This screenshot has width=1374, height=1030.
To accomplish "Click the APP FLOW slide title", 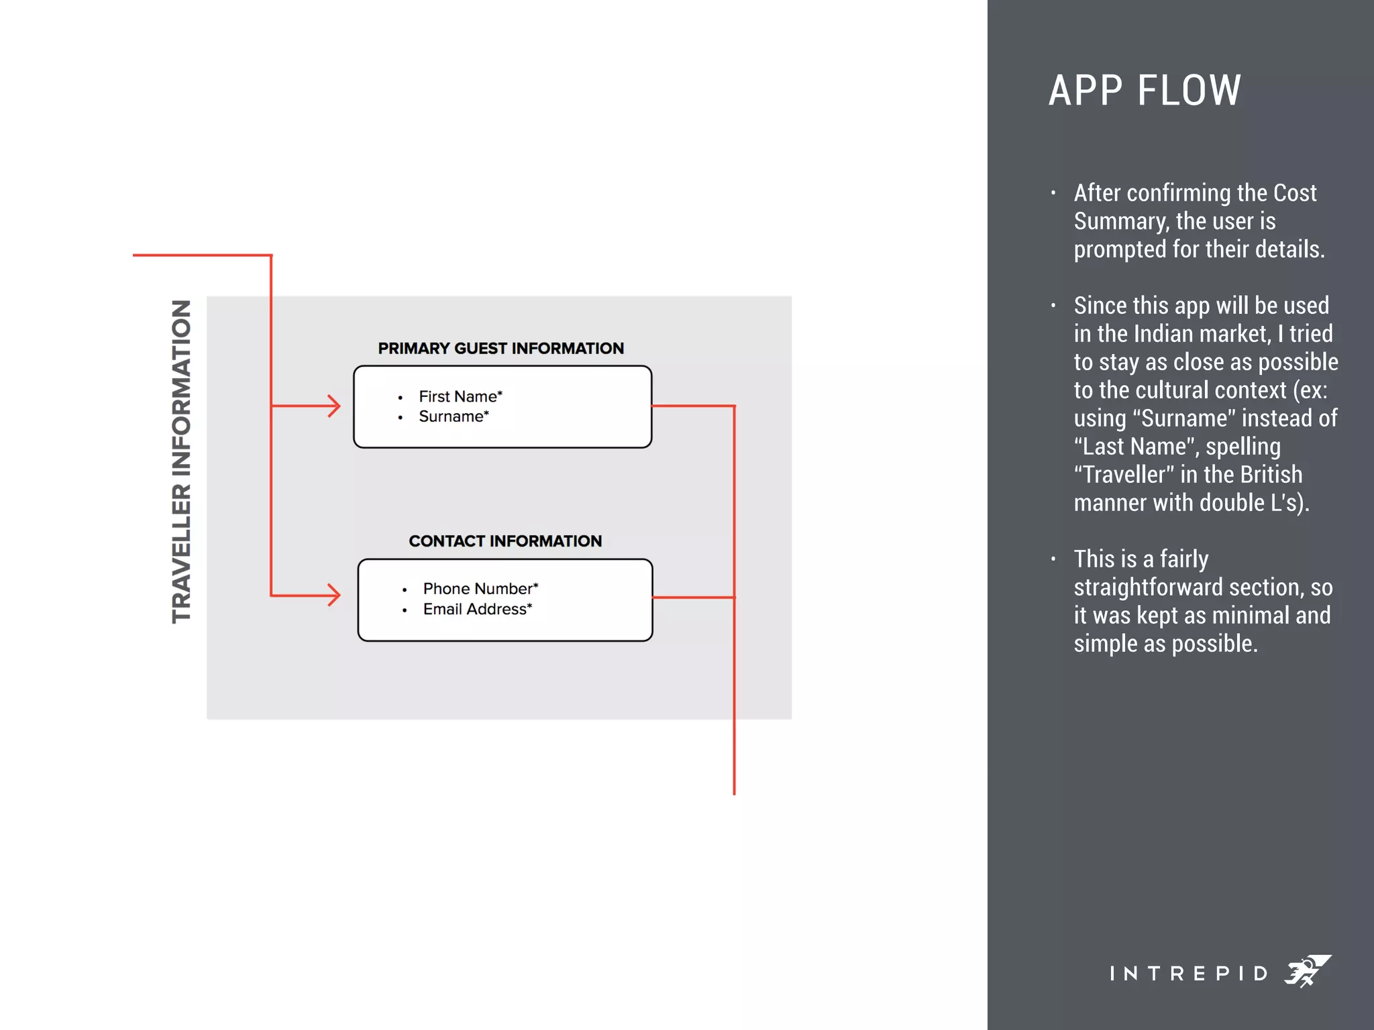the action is [x=1145, y=91].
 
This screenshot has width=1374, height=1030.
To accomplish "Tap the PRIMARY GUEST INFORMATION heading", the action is [x=500, y=349].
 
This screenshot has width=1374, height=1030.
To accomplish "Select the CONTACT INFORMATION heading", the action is [x=505, y=541].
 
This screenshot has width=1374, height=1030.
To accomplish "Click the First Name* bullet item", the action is [x=460, y=396].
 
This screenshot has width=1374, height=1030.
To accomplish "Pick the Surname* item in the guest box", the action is [x=454, y=416].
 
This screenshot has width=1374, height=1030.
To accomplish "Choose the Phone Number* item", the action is [x=480, y=589].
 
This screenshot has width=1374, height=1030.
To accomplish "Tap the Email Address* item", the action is [x=477, y=609].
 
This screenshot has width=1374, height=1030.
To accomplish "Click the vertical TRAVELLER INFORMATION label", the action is [x=182, y=461].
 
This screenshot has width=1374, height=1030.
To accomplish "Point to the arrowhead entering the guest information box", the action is [x=333, y=406].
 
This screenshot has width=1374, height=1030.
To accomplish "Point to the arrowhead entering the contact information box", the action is [x=333, y=595].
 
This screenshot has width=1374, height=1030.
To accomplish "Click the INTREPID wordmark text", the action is [x=1188, y=973].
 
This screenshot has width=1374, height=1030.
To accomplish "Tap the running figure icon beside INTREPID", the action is [x=1307, y=971].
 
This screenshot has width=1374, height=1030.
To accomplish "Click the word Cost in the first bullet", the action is [x=1295, y=193].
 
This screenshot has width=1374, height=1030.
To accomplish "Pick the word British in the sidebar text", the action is [x=1271, y=475].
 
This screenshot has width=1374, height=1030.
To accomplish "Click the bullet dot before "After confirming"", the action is [x=1053, y=193].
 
